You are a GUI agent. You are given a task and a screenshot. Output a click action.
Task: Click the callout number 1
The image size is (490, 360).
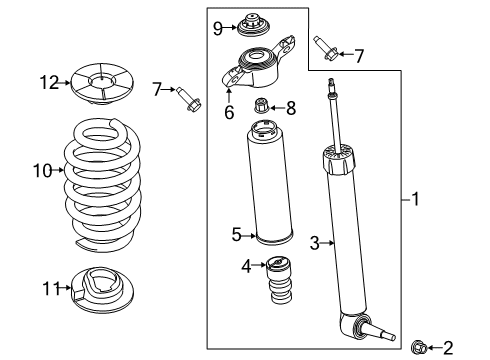tap(414, 199)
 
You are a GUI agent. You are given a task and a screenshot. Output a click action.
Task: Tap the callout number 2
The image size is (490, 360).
tap(447, 348)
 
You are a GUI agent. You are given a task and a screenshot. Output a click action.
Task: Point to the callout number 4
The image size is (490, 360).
tap(246, 265)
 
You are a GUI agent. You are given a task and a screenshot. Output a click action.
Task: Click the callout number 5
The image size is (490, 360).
tap(237, 235)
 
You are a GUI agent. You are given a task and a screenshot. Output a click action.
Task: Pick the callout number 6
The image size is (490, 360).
tap(228, 114)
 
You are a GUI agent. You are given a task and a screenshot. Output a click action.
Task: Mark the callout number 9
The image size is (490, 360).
tap(217, 28)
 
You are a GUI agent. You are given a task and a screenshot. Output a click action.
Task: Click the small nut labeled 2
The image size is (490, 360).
tap(419, 347)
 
